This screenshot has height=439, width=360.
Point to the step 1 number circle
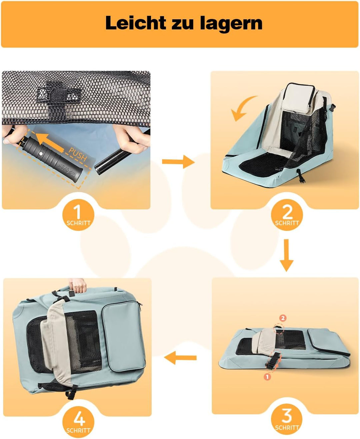pos(78,215)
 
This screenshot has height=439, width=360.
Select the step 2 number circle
pos(287,215)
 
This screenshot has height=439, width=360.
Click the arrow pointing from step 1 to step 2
pos(178,162)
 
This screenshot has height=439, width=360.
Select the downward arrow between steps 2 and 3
pos(286,255)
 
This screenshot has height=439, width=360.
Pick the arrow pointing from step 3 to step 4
pos(180,358)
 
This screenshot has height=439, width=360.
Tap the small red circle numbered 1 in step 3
pos(267,377)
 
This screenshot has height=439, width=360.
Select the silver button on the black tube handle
pos(41,154)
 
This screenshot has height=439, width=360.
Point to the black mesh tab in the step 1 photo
pos(59,96)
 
